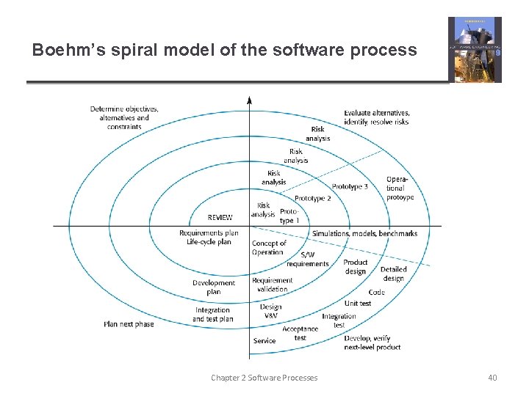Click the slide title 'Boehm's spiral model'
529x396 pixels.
click(x=224, y=51)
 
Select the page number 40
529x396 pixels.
click(x=492, y=378)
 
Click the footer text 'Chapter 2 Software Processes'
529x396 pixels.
click(x=264, y=378)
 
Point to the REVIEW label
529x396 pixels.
click(x=220, y=217)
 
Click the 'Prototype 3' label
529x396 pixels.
click(x=350, y=187)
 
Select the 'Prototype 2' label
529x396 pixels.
click(x=312, y=199)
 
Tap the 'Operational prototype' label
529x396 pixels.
click(x=400, y=188)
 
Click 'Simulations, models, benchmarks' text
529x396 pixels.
click(x=364, y=234)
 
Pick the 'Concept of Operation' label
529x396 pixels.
click(x=269, y=248)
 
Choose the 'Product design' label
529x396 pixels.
click(x=356, y=267)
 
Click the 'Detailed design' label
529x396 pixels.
click(x=393, y=274)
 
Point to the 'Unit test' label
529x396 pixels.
click(x=358, y=303)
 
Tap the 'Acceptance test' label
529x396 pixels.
click(x=300, y=333)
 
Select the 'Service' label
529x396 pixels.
click(x=264, y=341)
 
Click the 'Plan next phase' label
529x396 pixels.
click(x=129, y=323)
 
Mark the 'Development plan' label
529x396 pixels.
click(x=214, y=287)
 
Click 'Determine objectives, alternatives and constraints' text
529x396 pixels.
click(x=124, y=118)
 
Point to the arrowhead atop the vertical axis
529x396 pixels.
click(x=250, y=100)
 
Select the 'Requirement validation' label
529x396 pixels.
click(x=272, y=285)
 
